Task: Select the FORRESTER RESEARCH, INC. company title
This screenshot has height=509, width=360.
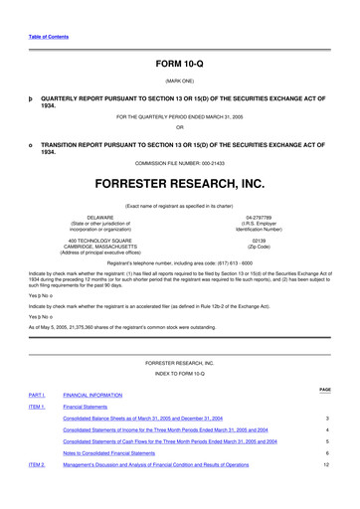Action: coord(179,185)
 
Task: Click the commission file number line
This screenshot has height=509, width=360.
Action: coord(179,162)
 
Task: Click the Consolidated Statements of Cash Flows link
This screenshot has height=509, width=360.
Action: coord(170,440)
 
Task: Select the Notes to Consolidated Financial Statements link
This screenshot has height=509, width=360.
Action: coord(120,452)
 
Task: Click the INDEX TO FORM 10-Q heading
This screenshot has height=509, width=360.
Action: coord(179,374)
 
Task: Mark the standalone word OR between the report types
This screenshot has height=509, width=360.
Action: coord(179,126)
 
